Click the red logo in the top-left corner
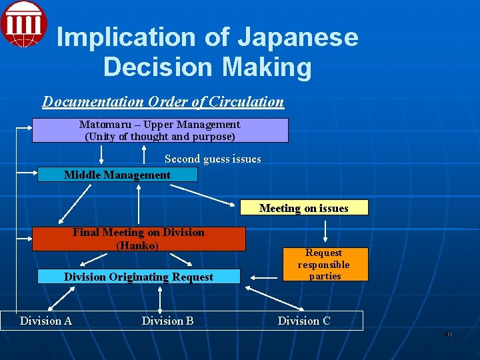coord(23,23)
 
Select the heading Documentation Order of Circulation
coord(163,102)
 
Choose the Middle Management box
coord(117,175)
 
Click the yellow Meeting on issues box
coord(303,208)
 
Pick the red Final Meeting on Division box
coord(139,239)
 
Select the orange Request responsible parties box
coord(325,264)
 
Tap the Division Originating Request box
coord(139,277)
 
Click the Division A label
coord(46,321)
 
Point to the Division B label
coord(167,321)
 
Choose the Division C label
coord(304,321)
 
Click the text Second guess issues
coord(213,159)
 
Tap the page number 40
coord(447,334)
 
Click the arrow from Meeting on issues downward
coord(325,230)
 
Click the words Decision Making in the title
coord(207,67)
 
